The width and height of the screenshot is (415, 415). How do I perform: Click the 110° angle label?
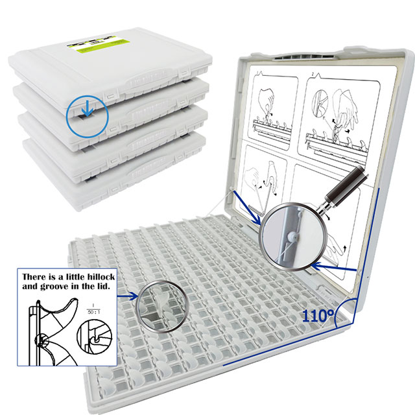point(317,315)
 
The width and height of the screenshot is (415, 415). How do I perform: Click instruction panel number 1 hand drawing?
point(269,107)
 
